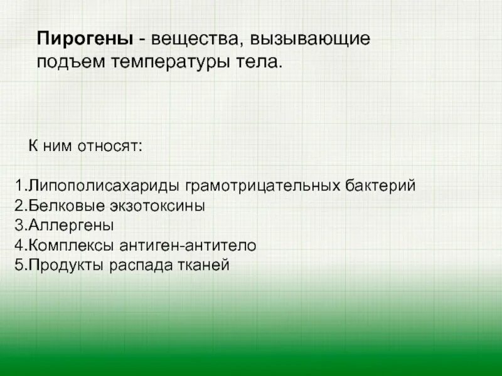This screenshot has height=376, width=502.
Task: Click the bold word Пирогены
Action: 84,39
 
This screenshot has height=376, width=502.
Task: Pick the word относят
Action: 110,147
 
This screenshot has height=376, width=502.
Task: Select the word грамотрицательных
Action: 264,187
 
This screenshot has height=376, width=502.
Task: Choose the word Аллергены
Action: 70,226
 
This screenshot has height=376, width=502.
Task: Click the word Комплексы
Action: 72,246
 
